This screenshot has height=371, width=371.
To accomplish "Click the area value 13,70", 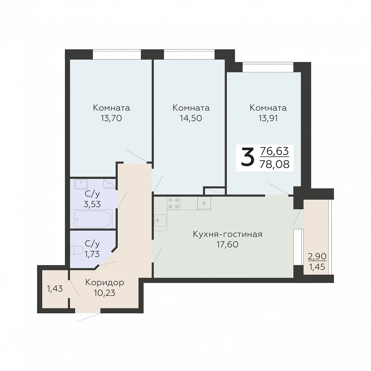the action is pos(111,118).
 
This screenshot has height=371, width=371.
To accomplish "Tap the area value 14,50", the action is pos(191,118).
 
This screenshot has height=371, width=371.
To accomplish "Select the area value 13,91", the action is pos(268,118).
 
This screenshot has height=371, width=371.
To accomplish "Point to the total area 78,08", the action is pos(274,164).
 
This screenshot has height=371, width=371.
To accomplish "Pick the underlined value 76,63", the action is pos(274,151).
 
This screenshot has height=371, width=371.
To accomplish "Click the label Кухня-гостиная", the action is pos(228,235).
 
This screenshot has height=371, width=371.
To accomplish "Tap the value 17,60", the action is pos(227,245).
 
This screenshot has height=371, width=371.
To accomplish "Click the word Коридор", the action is pos(104,283).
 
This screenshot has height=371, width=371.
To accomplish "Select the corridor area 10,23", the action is pos(104,293).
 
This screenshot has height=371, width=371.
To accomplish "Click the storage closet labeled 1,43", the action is pos(55,289).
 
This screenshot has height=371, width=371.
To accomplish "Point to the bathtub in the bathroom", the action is pos(92,218).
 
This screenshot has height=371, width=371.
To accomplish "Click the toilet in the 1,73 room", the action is pos(77,250).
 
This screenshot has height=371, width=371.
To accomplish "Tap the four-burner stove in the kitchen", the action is pos(174,203).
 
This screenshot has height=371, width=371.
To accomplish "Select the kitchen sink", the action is pos(160,221).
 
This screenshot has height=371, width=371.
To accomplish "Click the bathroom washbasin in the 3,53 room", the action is pos(81,184).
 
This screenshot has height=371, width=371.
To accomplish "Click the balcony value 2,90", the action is pos(317,256).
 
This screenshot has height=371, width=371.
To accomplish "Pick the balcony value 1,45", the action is pos(317,267).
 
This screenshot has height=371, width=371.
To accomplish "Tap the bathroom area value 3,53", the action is pos(92,204).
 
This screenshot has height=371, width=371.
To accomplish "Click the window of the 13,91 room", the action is pos(268,67).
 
